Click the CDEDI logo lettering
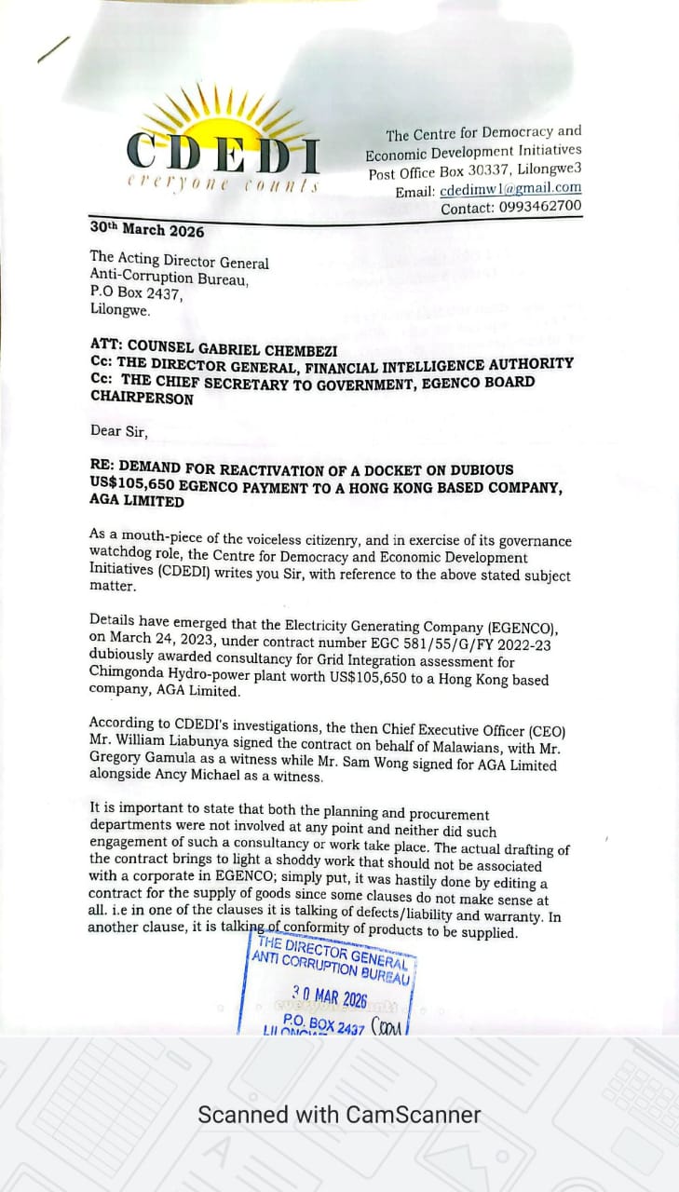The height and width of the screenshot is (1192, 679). [224, 153]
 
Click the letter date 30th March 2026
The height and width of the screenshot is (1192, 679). [147, 229]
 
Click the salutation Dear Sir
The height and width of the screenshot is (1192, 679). [118, 430]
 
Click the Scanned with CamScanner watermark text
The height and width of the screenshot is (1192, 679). [339, 1115]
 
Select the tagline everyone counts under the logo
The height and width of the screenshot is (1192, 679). [223, 185]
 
